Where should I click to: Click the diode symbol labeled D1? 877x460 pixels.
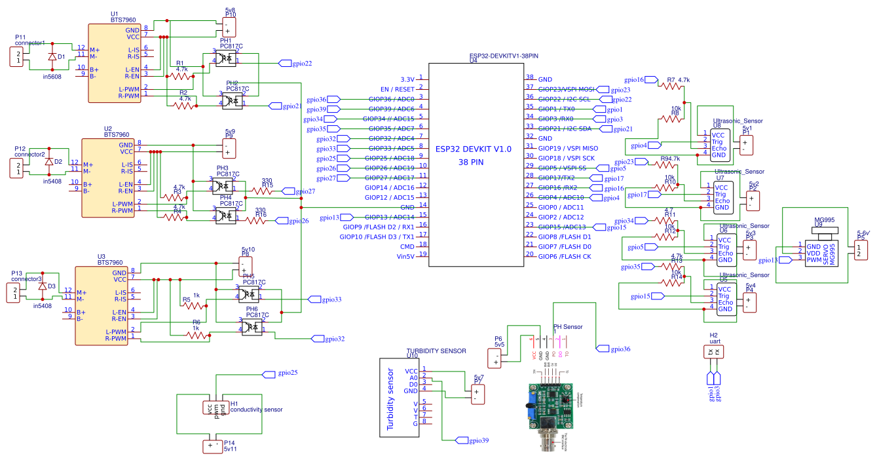tap(52, 56)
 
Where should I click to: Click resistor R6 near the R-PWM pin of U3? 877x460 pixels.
tap(197, 335)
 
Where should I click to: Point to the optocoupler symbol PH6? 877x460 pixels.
tap(252, 326)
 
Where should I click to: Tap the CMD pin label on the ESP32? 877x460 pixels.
tap(407, 246)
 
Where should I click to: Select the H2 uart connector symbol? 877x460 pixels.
tap(713, 353)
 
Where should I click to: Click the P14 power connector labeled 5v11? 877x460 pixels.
tap(214, 446)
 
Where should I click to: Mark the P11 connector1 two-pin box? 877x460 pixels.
tap(18, 56)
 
